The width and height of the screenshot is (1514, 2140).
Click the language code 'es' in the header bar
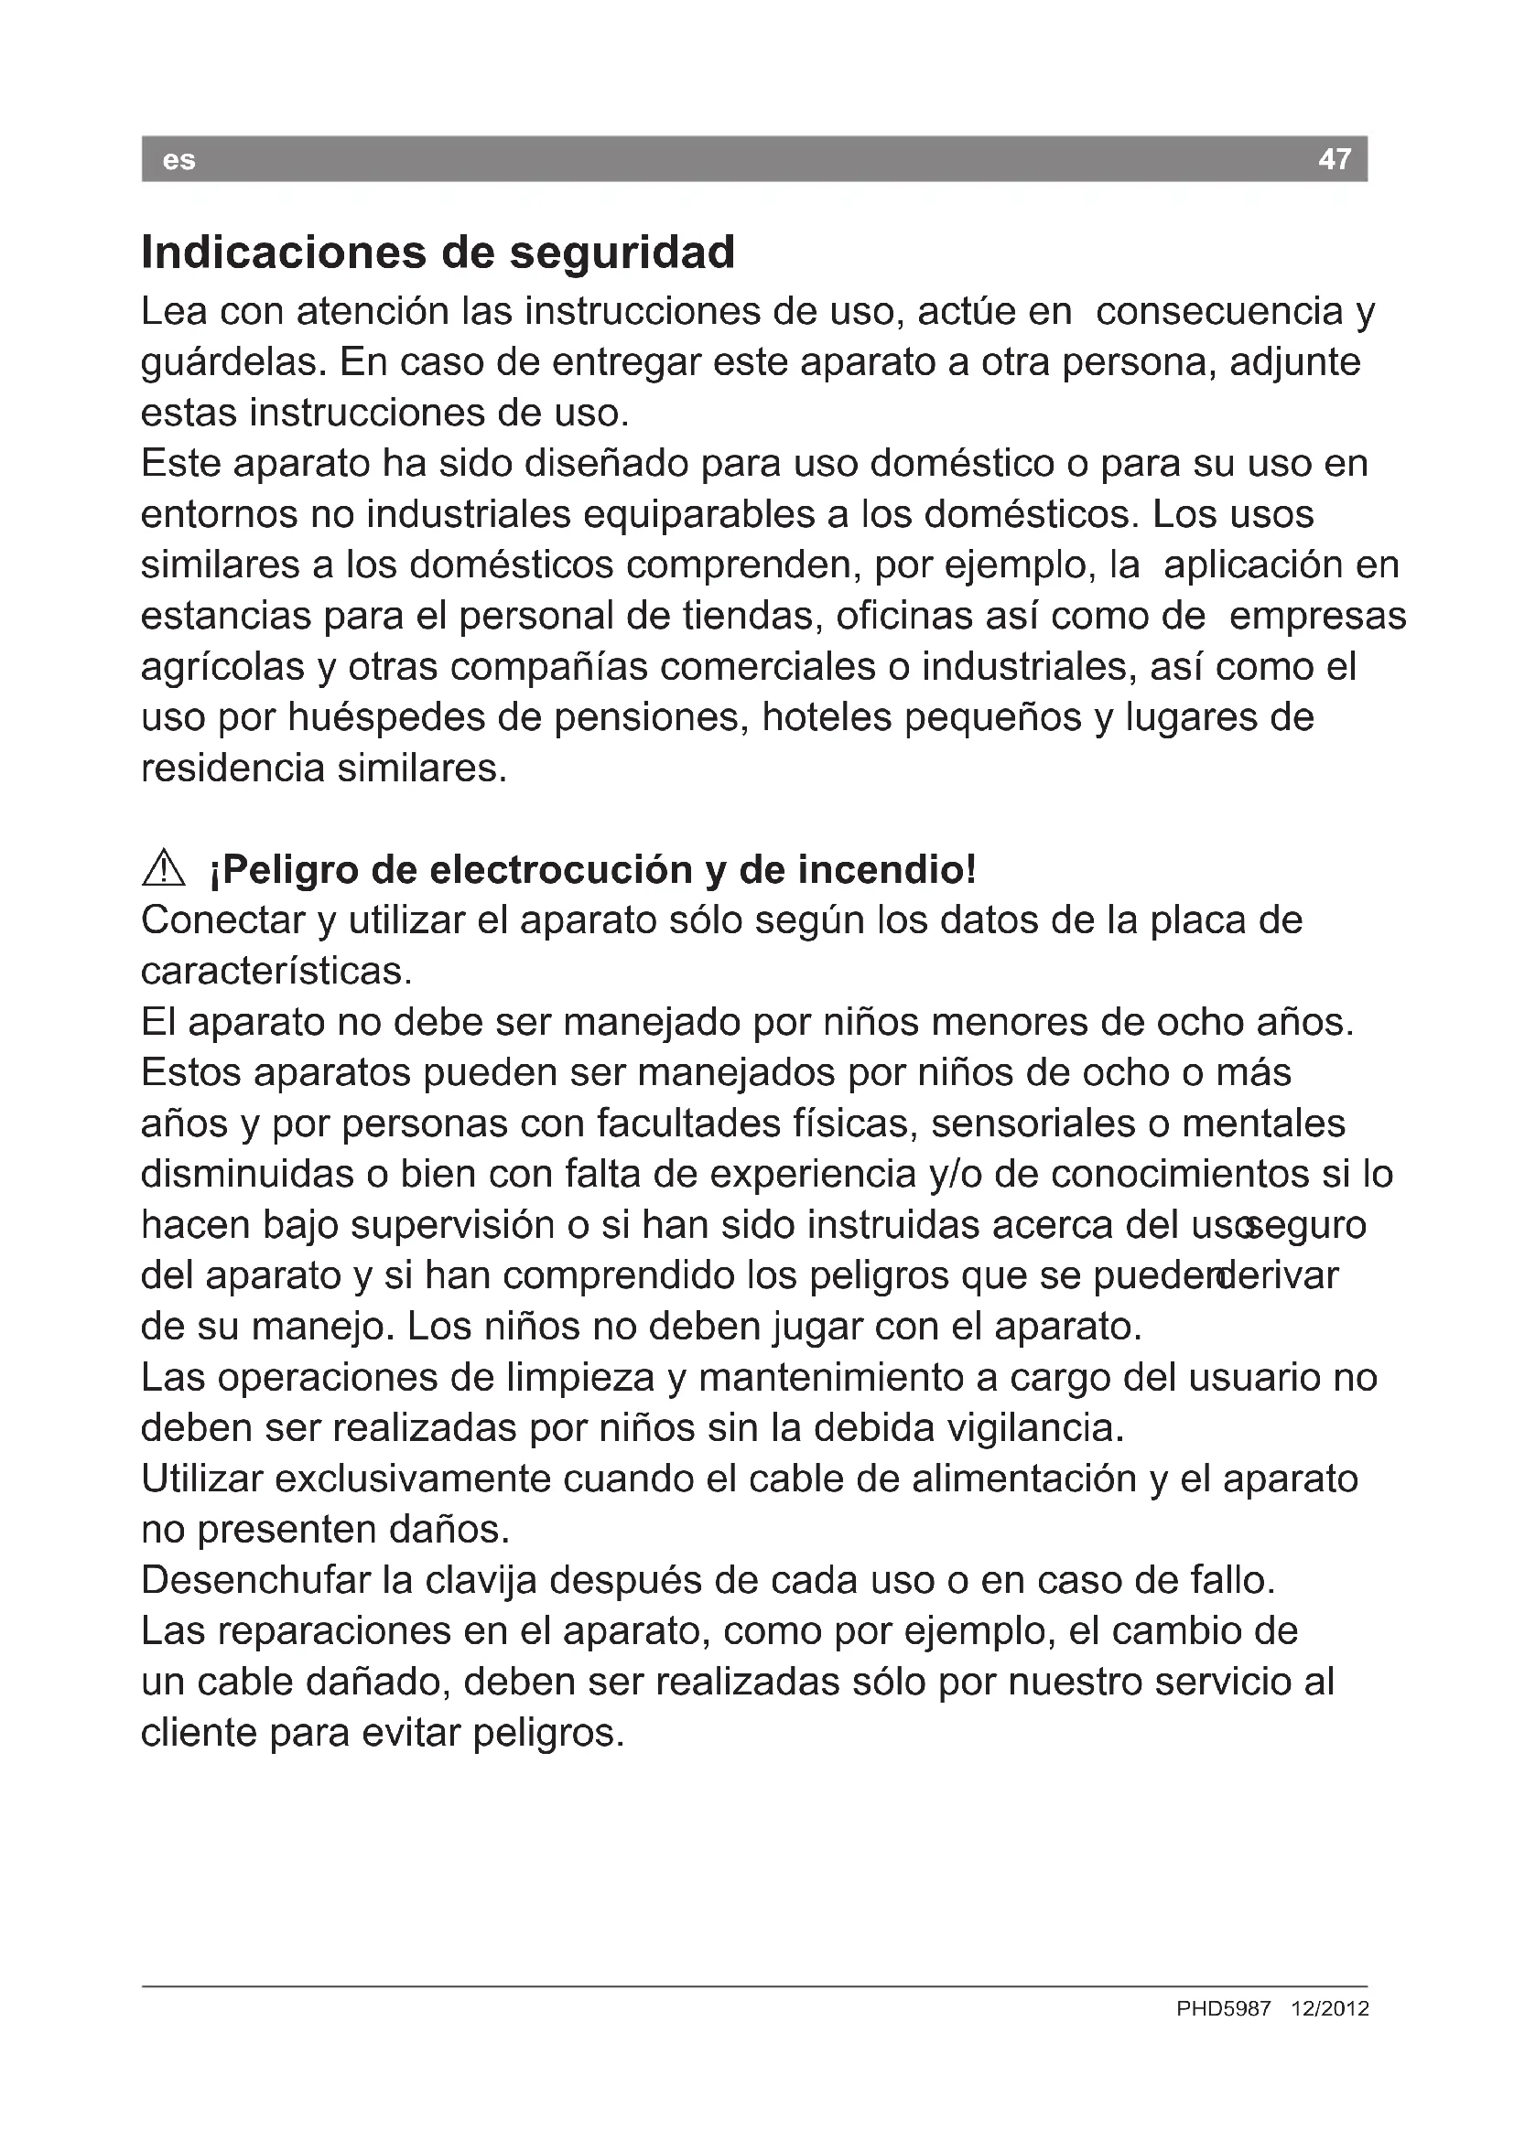[178, 160]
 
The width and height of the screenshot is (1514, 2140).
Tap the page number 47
[1334, 159]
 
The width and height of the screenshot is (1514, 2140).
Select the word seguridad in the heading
[622, 253]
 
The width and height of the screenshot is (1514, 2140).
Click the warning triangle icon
[164, 868]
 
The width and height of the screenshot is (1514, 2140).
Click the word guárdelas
[233, 362]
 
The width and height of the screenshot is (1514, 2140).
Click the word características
[276, 973]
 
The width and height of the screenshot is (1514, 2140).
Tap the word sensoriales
[1033, 1124]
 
